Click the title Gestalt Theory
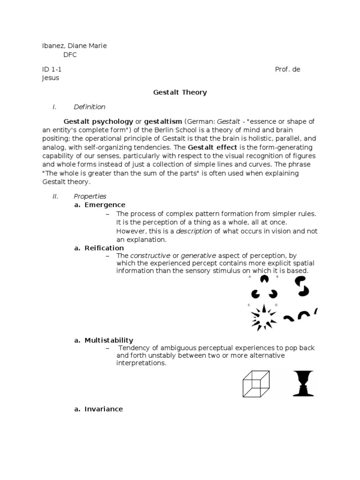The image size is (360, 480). click(180, 92)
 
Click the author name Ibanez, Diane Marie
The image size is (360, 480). click(75, 45)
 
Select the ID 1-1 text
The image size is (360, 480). click(52, 69)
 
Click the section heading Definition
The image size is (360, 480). click(90, 107)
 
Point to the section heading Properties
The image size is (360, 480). click(90, 196)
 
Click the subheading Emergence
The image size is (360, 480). click(105, 205)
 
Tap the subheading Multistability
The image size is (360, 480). click(109, 340)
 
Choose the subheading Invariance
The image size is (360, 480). click(104, 409)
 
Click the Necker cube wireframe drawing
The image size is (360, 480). click(256, 383)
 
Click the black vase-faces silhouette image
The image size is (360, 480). click(303, 383)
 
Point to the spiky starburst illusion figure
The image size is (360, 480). click(264, 318)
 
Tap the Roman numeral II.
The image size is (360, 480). click(55, 196)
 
